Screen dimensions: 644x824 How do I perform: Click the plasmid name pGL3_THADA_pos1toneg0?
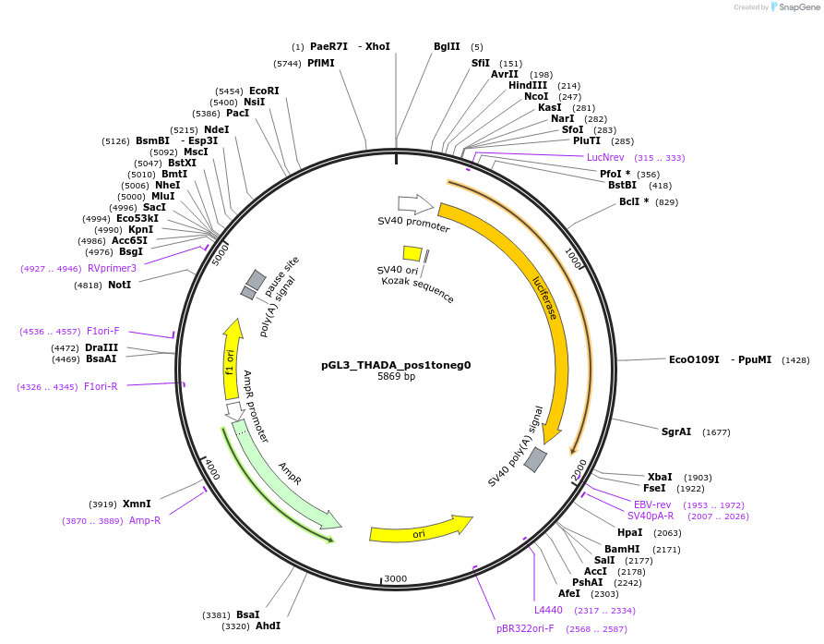[396, 365]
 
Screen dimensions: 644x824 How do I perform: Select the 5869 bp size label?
[396, 377]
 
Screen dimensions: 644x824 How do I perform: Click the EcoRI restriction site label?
[264, 91]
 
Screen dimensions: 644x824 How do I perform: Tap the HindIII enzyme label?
[528, 85]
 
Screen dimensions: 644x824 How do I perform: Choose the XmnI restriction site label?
[137, 504]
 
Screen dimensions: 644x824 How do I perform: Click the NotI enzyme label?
[120, 286]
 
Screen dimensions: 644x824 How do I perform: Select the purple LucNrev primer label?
[605, 157]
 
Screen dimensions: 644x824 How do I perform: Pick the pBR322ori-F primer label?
[525, 628]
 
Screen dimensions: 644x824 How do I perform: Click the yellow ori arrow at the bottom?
[420, 529]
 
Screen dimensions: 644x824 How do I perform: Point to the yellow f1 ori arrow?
[232, 360]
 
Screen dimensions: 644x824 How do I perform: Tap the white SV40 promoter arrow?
[414, 204]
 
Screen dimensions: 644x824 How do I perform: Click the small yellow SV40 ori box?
[412, 253]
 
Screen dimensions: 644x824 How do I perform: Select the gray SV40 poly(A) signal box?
[535, 459]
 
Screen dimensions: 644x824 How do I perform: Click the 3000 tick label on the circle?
[395, 579]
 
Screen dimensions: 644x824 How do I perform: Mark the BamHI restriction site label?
[622, 549]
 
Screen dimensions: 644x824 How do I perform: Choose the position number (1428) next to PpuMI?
[795, 359]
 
